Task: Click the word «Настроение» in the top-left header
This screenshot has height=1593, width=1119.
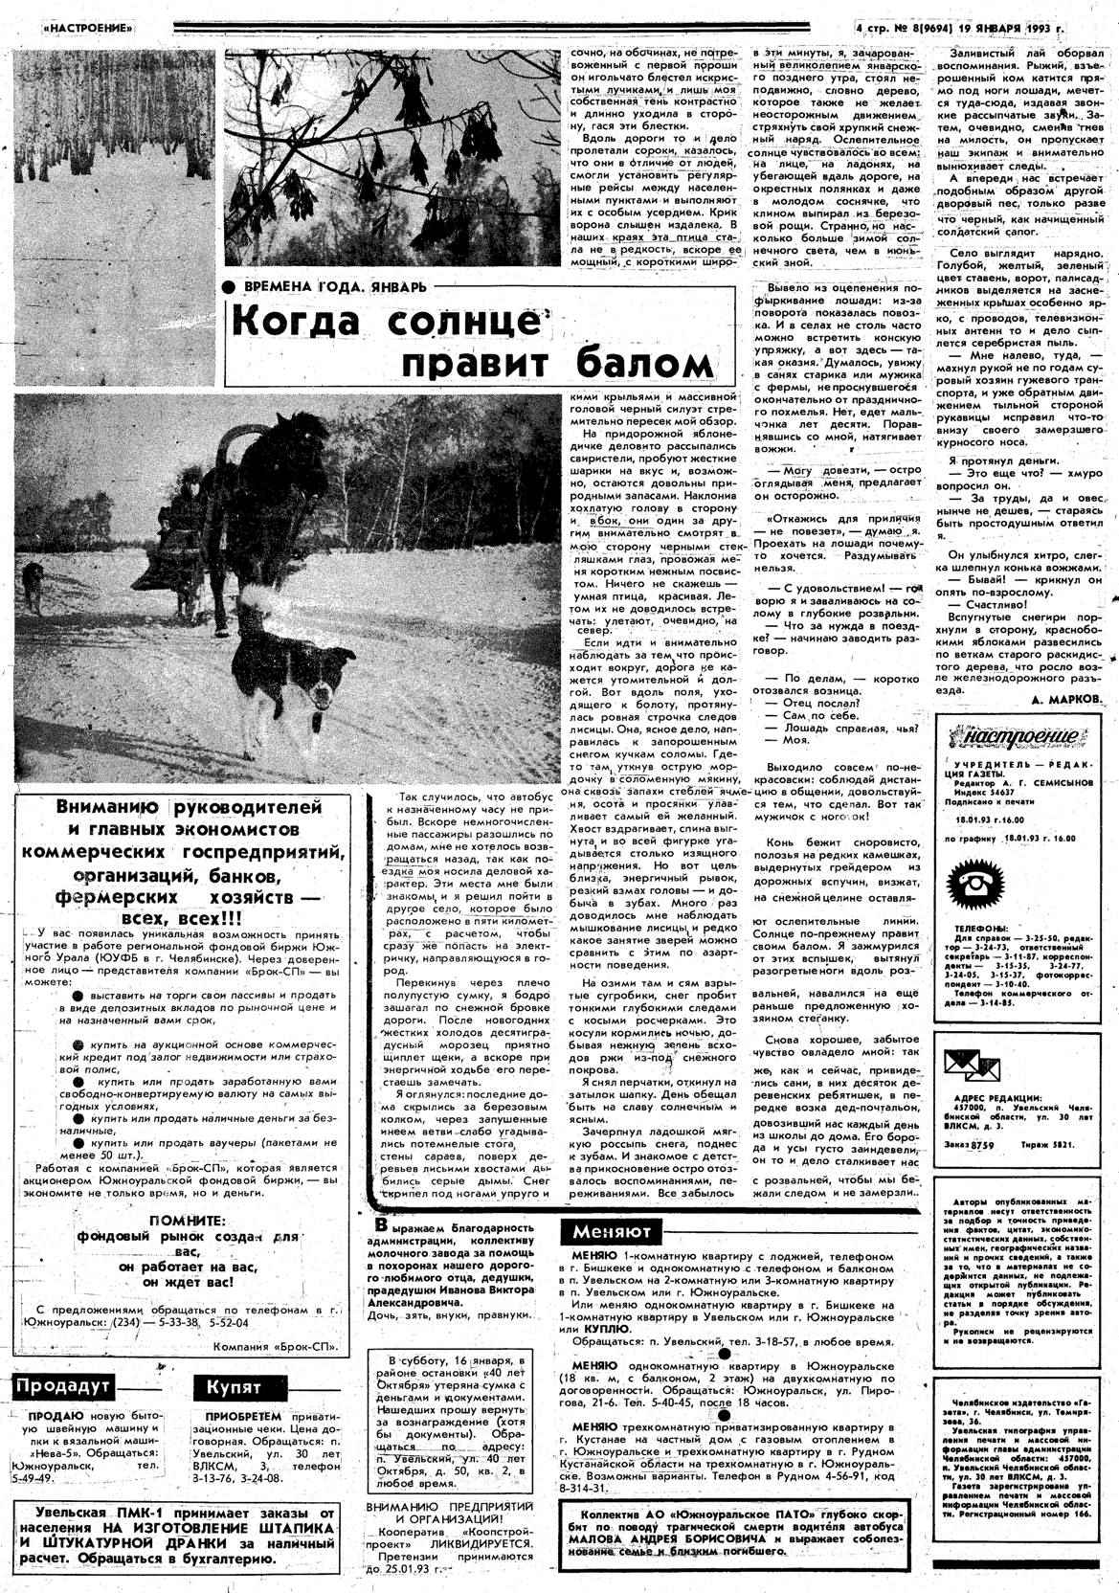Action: coord(88,29)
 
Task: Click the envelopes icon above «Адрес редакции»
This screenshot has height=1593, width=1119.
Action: coord(971,1062)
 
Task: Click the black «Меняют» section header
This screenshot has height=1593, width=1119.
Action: coord(612,1231)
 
